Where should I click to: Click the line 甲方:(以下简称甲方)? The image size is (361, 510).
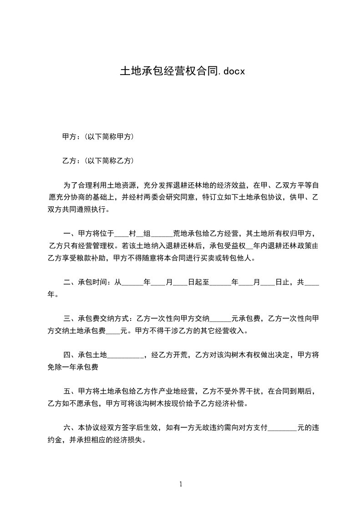(x=97, y=136)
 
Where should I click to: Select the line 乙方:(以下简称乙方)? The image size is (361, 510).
(x=97, y=160)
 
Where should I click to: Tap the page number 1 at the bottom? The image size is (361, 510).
(x=181, y=484)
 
